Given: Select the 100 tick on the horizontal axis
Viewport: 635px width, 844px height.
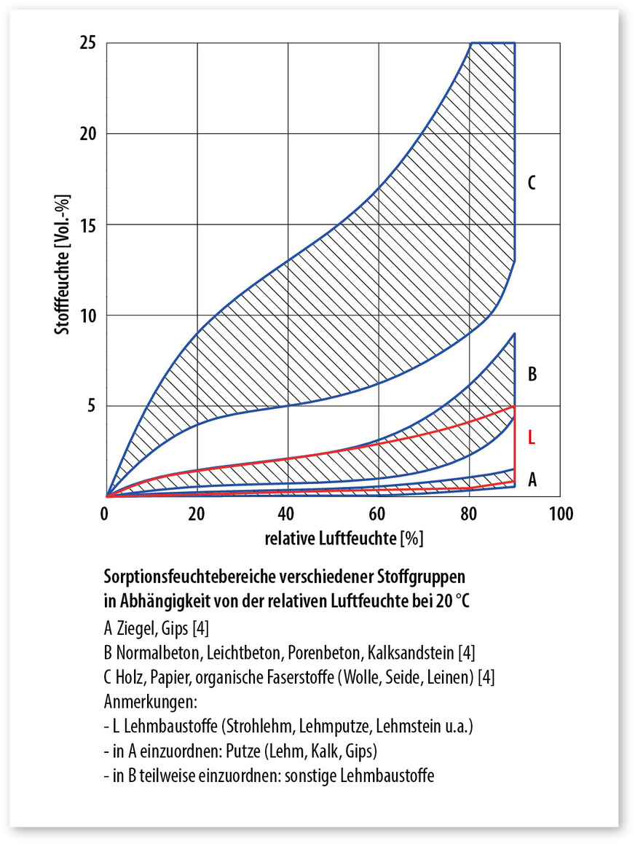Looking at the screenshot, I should (x=559, y=514).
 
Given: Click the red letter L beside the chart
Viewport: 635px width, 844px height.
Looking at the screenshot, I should (x=532, y=437).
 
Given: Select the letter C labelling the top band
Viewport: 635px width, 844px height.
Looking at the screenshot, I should (x=532, y=183).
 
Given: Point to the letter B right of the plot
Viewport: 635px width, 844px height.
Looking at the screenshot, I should (x=532, y=375).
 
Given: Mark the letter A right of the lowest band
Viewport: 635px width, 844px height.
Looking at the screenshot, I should (x=532, y=479).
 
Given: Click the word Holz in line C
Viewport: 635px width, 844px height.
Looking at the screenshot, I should (x=130, y=676).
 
